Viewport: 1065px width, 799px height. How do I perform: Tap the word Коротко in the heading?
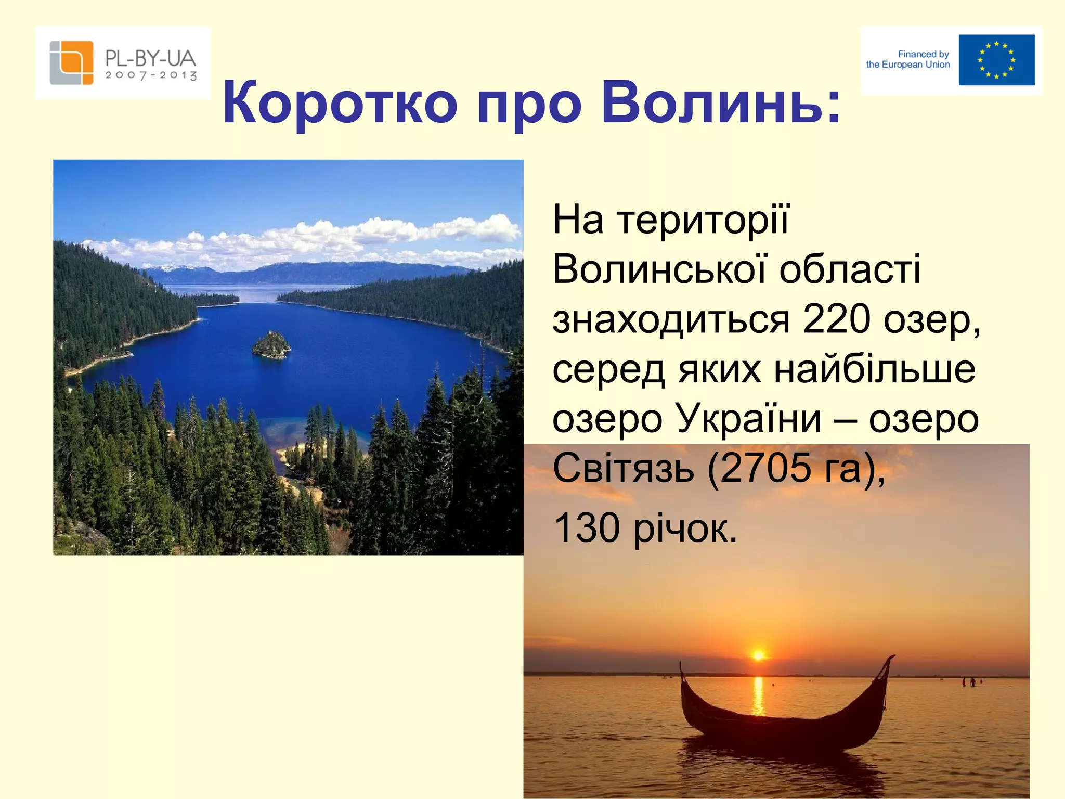(340, 102)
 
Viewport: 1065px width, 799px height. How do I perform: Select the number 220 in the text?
(836, 319)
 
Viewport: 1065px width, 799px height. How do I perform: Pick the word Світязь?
(623, 468)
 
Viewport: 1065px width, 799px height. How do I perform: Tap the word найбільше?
(875, 369)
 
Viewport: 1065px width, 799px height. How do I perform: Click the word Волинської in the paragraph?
(659, 269)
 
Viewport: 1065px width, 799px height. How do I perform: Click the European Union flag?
(996, 60)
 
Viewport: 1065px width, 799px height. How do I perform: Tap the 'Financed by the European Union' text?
(908, 59)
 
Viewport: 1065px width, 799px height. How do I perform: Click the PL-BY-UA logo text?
(150, 58)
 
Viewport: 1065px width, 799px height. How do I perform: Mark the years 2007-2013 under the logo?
(151, 75)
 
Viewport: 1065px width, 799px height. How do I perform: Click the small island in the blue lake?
(271, 345)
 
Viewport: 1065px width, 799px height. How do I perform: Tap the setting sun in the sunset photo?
(758, 655)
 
